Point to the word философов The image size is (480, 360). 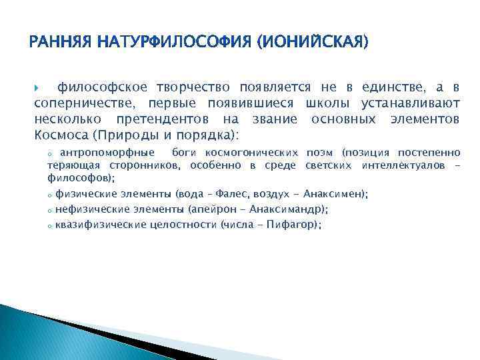click(79, 178)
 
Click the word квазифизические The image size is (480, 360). click(101, 225)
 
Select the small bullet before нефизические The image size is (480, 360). click(50, 210)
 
